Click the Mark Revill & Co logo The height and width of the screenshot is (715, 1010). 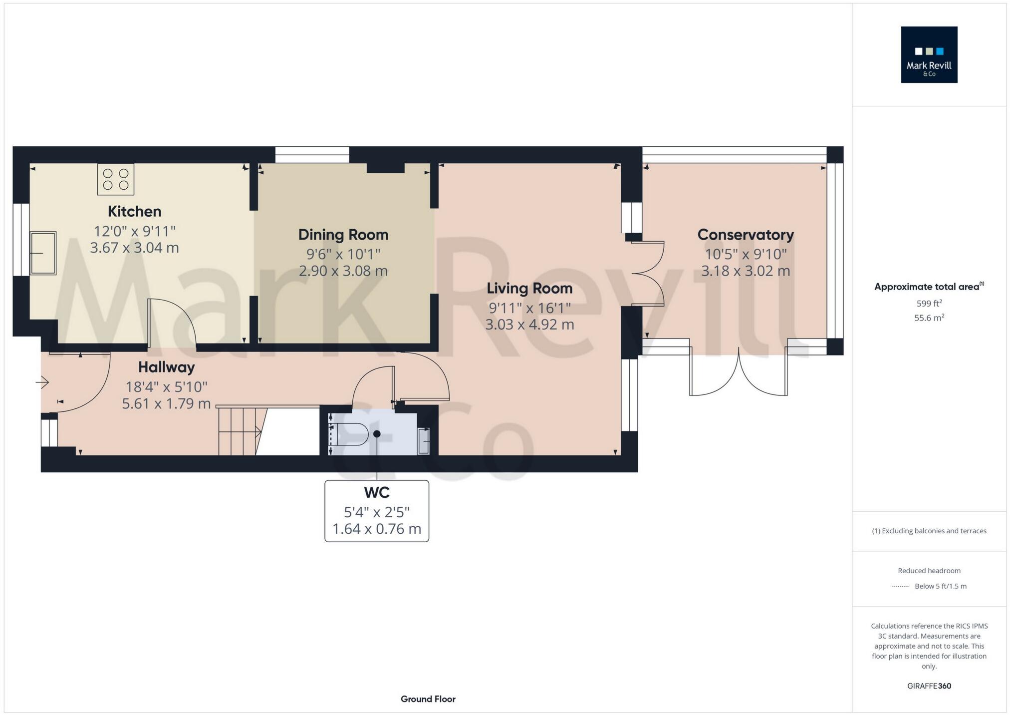tap(929, 54)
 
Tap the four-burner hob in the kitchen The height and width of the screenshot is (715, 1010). tap(116, 179)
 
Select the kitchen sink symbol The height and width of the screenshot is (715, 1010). tap(43, 253)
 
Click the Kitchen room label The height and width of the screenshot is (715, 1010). tap(135, 212)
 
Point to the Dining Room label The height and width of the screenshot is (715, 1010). tap(343, 235)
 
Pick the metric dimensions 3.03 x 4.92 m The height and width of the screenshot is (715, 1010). tap(529, 325)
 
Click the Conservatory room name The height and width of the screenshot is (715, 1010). tap(746, 235)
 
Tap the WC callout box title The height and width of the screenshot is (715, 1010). tap(377, 493)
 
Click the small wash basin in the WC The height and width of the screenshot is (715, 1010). tap(423, 441)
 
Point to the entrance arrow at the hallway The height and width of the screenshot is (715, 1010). tap(42, 383)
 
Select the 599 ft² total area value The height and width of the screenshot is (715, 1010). tap(929, 303)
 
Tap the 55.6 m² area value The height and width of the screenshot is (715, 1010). tap(929, 318)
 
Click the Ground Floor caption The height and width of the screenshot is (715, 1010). tap(428, 699)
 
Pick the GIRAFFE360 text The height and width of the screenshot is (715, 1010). tap(929, 686)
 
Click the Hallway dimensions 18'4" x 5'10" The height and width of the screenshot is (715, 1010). tap(167, 387)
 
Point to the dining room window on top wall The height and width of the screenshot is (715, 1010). tap(312, 155)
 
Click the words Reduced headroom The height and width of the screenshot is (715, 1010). tap(929, 571)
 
